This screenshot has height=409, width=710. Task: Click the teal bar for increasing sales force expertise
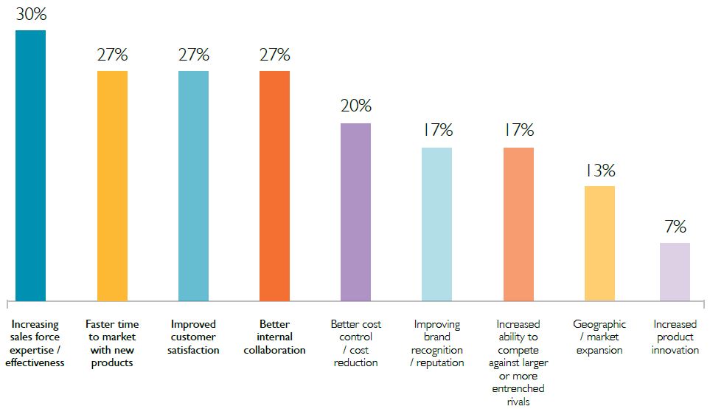pyautogui.click(x=31, y=165)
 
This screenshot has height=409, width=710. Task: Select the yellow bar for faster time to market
pyautogui.click(x=112, y=185)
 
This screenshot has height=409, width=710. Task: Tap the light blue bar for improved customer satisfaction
pyautogui.click(x=193, y=185)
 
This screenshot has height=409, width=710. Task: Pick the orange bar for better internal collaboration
pyautogui.click(x=274, y=185)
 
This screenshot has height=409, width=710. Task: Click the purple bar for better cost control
pyautogui.click(x=355, y=212)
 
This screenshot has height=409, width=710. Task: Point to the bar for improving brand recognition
pyautogui.click(x=436, y=224)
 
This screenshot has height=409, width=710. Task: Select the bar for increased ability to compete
pyautogui.click(x=518, y=224)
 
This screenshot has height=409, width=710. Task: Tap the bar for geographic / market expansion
pyautogui.click(x=599, y=243)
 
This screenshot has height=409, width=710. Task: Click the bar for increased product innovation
pyautogui.click(x=675, y=271)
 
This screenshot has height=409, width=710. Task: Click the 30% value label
pyautogui.click(x=31, y=14)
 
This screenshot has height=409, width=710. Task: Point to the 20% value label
pyautogui.click(x=355, y=106)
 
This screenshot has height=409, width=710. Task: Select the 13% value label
pyautogui.click(x=600, y=170)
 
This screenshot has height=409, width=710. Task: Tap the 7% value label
pyautogui.click(x=675, y=227)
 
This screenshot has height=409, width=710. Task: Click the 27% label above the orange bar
pyautogui.click(x=274, y=55)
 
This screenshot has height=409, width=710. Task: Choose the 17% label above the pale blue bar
pyautogui.click(x=437, y=131)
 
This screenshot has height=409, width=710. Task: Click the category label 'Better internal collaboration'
pyautogui.click(x=274, y=337)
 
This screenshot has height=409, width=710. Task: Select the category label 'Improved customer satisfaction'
pyautogui.click(x=194, y=337)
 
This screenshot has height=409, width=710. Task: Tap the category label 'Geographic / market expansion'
pyautogui.click(x=599, y=337)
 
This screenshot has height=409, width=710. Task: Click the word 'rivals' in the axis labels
pyautogui.click(x=518, y=401)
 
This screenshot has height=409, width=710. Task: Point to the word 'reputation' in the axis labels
pyautogui.click(x=441, y=362)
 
